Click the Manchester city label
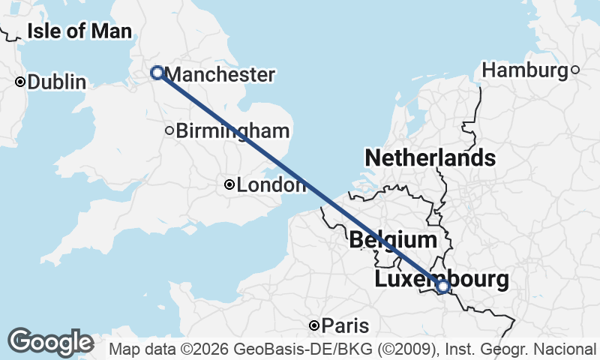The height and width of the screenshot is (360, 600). (219, 74)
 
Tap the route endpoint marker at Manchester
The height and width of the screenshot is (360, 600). (157, 73)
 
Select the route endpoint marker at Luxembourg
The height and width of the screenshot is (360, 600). (443, 286)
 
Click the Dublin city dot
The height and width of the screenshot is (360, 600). (20, 82)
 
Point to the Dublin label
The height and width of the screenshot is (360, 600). (56, 82)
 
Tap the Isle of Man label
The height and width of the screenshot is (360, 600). (79, 31)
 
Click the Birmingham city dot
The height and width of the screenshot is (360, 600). (169, 131)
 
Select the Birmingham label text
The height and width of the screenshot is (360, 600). (232, 131)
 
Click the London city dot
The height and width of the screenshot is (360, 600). (229, 184)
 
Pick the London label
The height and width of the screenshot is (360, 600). (271, 184)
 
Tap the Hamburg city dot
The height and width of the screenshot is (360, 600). (575, 70)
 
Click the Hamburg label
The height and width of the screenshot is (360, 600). (525, 70)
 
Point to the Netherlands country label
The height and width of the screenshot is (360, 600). (430, 158)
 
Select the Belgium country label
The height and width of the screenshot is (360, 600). (393, 240)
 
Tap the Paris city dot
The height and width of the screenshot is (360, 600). (314, 325)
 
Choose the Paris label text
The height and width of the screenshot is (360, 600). (346, 325)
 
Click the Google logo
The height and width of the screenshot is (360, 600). (51, 342)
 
